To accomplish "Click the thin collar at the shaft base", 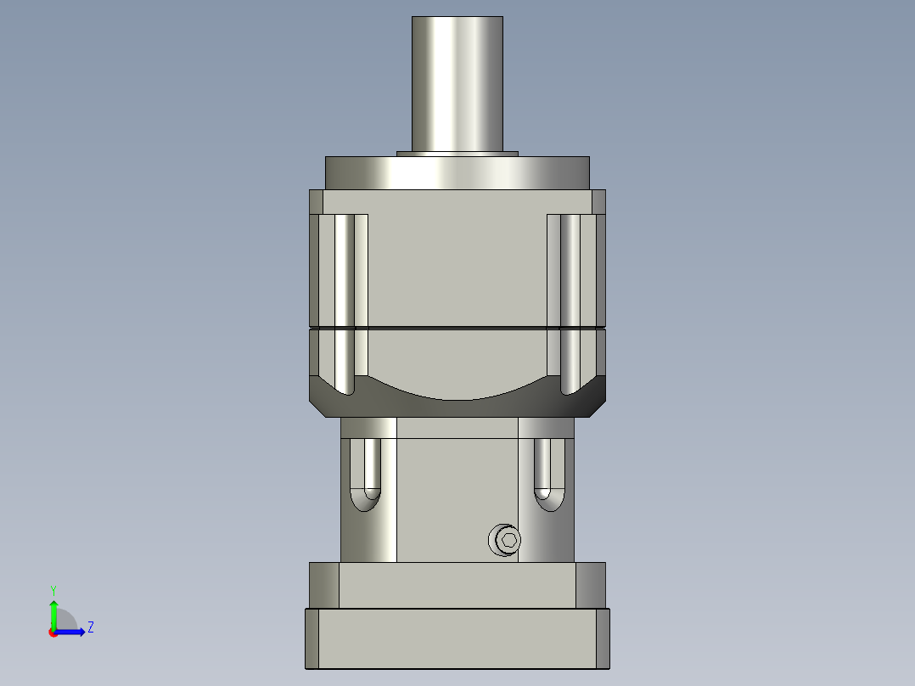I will click(457, 154).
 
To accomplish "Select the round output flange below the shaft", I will click(457, 172).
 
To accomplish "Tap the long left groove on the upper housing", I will click(344, 297).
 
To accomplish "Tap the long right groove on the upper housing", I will click(570, 297).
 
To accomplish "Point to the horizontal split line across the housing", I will click(457, 328).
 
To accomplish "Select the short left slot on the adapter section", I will click(371, 471).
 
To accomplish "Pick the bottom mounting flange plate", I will click(457, 638).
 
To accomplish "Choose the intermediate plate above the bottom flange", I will click(457, 585).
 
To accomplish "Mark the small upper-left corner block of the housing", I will click(316, 201).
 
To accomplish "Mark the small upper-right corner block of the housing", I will click(598, 201).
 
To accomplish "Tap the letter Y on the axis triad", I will click(53, 589).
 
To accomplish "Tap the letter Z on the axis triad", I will click(90, 627).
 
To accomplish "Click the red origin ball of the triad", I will click(53, 633).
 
